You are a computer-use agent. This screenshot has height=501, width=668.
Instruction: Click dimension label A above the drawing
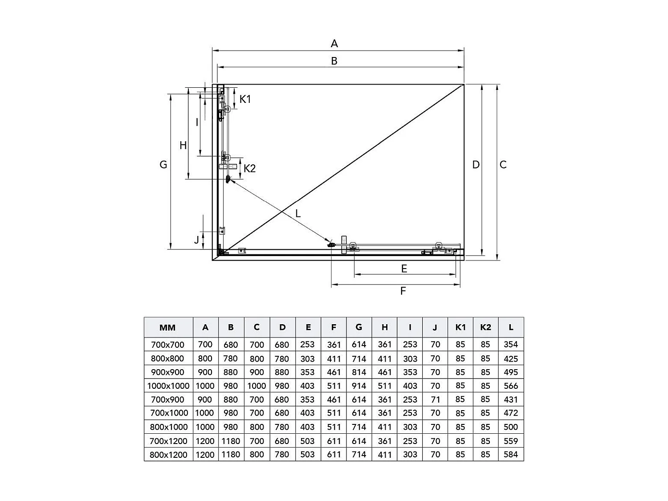click(x=334, y=44)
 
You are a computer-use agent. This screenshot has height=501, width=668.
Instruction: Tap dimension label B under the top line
click(x=334, y=61)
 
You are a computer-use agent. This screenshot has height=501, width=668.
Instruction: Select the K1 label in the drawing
click(x=245, y=99)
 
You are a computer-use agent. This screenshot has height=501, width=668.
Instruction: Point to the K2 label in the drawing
click(x=250, y=169)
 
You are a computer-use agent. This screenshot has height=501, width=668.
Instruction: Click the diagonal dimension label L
click(x=298, y=214)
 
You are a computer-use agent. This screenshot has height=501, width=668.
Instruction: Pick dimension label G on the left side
click(x=163, y=165)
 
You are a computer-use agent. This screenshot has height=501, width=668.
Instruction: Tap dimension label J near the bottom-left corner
click(x=197, y=240)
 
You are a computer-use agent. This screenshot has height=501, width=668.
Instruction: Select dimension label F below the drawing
click(x=403, y=291)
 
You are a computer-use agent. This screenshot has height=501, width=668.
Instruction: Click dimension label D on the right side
click(x=476, y=165)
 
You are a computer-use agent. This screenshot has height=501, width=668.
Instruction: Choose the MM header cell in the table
click(x=168, y=328)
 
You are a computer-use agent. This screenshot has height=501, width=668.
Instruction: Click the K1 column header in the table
click(x=460, y=327)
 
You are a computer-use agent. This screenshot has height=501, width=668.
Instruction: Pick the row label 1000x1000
click(x=168, y=386)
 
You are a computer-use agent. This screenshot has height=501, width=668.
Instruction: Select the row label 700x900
click(x=167, y=399)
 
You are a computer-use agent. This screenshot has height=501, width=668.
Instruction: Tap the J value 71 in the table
click(x=435, y=399)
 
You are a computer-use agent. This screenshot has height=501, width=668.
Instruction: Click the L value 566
click(x=511, y=386)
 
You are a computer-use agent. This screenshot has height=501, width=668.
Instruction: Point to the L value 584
click(x=511, y=455)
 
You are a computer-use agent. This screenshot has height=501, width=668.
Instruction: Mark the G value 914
click(x=359, y=386)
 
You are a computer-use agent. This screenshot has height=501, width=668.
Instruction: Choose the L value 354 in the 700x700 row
click(x=511, y=344)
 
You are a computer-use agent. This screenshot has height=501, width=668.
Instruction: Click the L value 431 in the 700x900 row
click(x=511, y=399)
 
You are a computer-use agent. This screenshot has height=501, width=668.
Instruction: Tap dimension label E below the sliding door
click(x=404, y=269)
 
